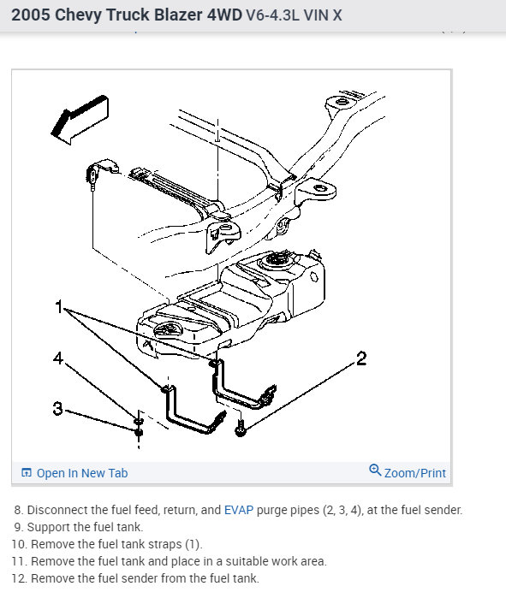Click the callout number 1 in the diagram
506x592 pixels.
pyautogui.click(x=58, y=306)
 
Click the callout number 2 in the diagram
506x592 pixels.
pyautogui.click(x=361, y=358)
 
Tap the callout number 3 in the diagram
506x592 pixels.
pyautogui.click(x=58, y=408)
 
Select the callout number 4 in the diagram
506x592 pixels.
pyautogui.click(x=58, y=358)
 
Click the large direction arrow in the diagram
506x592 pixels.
pyautogui.click(x=80, y=120)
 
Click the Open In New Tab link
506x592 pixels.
pyautogui.click(x=82, y=473)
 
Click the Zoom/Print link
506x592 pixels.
pyautogui.click(x=415, y=473)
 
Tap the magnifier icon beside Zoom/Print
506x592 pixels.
pyautogui.click(x=375, y=470)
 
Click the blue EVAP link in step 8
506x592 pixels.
pyautogui.click(x=239, y=510)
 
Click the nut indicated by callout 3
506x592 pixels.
pyautogui.click(x=139, y=431)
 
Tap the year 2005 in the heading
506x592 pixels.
pyautogui.click(x=31, y=15)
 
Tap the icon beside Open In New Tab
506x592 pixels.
pyautogui.click(x=27, y=473)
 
